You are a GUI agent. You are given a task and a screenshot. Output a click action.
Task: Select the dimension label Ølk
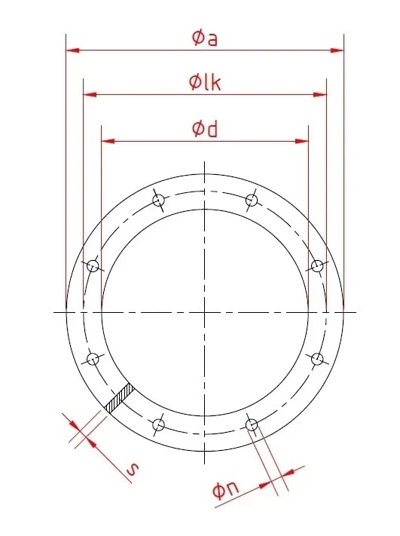[x=205, y=82]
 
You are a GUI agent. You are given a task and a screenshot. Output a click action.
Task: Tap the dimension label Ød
[x=205, y=129]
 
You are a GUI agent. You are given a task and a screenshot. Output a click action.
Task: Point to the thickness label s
[x=132, y=470]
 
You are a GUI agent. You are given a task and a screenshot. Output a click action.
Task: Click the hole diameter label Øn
[x=226, y=491]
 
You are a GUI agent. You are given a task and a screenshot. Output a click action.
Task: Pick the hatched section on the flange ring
[x=120, y=399]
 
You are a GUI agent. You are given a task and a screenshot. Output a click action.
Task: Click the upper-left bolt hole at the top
[x=158, y=200]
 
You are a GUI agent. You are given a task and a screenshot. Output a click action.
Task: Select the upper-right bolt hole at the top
[x=252, y=200]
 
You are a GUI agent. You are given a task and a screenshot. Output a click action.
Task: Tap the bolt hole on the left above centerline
[x=92, y=265]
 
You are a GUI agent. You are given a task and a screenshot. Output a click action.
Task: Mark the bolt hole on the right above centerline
[x=318, y=265]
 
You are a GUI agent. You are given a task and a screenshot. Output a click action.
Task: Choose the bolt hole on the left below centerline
[x=92, y=359]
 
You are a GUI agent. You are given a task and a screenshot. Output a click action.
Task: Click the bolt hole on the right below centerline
[x=318, y=359]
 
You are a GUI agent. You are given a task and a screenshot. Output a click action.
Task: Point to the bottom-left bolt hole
[x=158, y=425]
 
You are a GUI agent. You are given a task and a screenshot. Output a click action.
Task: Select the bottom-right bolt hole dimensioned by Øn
[x=252, y=425]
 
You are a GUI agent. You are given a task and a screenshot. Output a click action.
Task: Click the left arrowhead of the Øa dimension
[x=72, y=51]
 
